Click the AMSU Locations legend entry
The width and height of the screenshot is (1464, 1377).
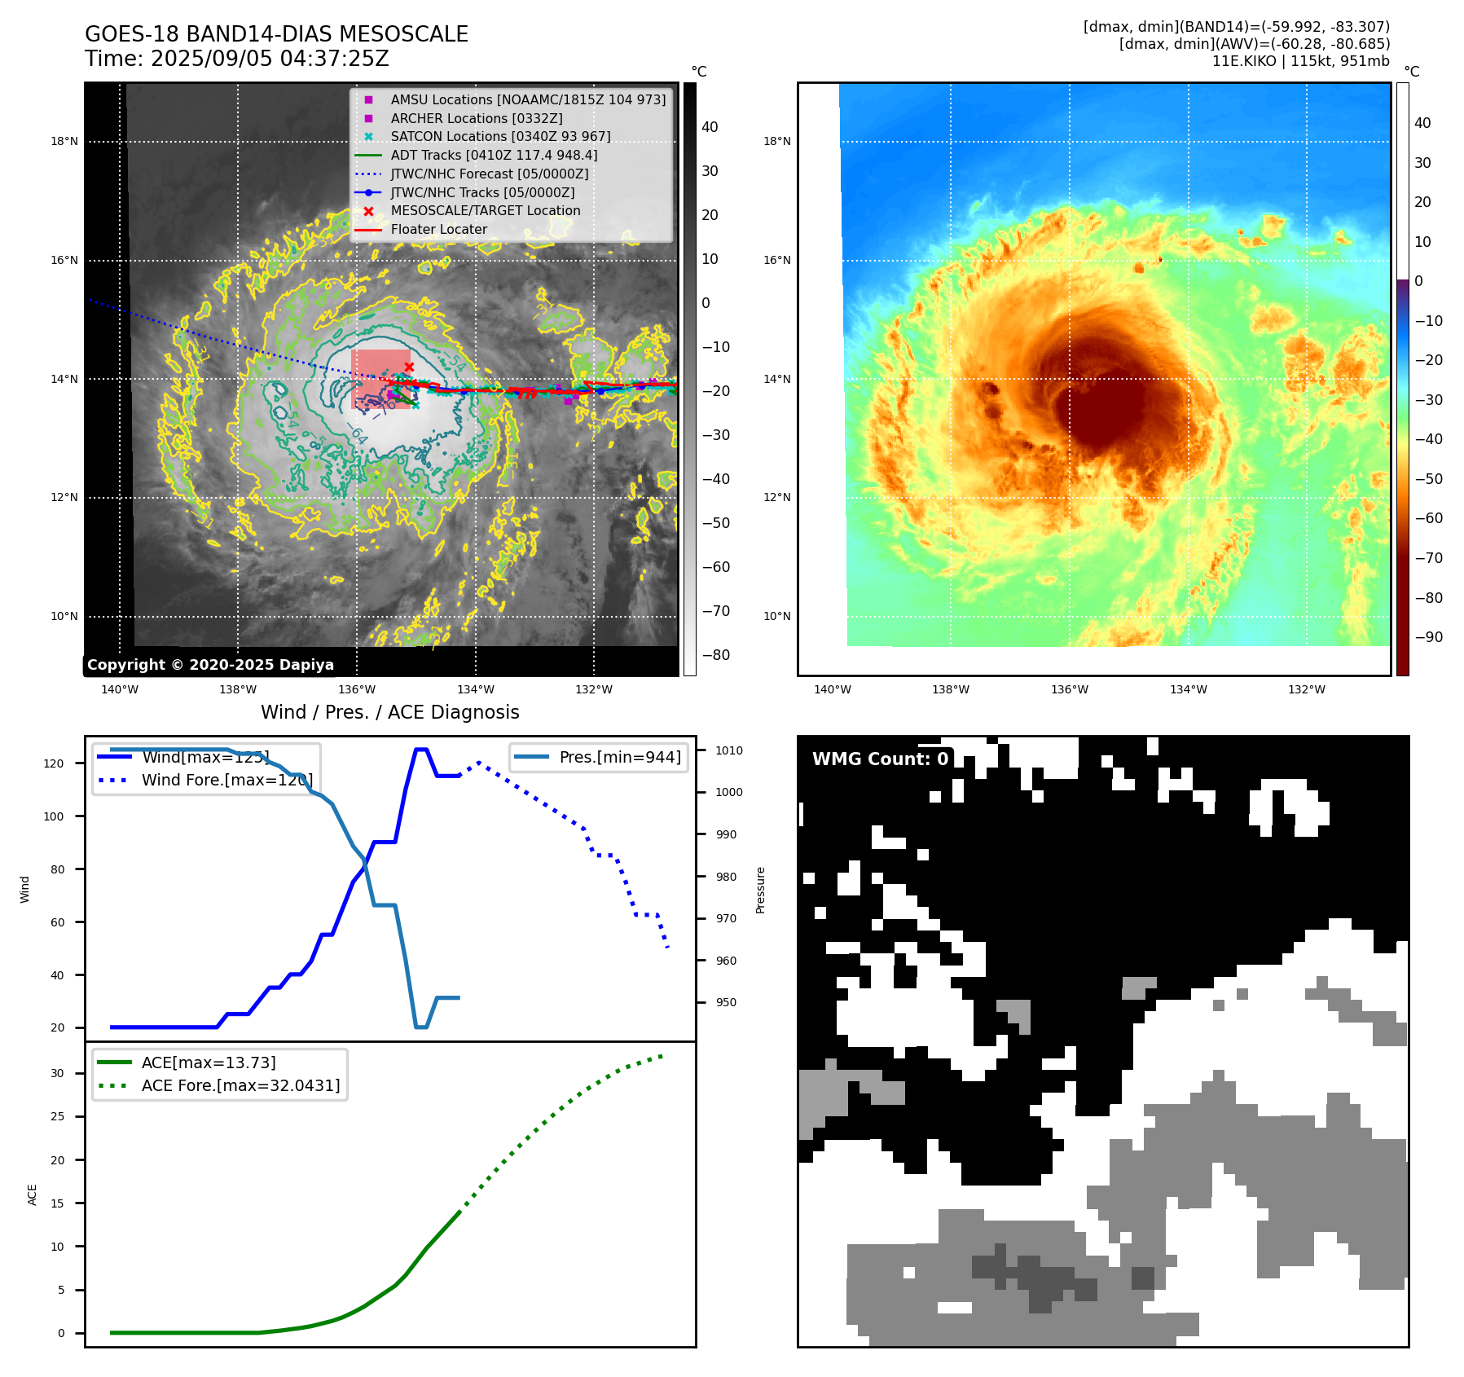pyautogui.click(x=527, y=99)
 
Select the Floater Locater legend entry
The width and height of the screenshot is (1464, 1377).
pyautogui.click(x=438, y=230)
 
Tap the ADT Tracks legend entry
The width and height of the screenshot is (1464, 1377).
pyautogui.click(x=494, y=155)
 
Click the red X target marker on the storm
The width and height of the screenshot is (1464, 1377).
pyautogui.click(x=409, y=367)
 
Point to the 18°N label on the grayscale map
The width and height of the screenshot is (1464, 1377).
pyautogui.click(x=64, y=141)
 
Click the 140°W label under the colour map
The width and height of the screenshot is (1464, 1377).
pyautogui.click(x=832, y=689)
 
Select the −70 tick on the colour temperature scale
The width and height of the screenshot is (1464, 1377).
pyautogui.click(x=1428, y=558)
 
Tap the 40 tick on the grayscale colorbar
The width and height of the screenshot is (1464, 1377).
pyautogui.click(x=710, y=127)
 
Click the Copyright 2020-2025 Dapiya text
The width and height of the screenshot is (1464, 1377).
pyautogui.click(x=210, y=665)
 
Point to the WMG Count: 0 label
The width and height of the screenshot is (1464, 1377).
pyautogui.click(x=880, y=759)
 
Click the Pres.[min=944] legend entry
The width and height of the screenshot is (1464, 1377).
pyautogui.click(x=619, y=757)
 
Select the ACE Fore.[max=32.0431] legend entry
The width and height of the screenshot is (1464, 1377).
pyautogui.click(x=240, y=1085)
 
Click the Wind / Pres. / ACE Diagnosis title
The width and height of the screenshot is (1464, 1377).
pyautogui.click(x=389, y=712)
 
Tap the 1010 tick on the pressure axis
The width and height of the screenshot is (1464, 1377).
pyautogui.click(x=729, y=750)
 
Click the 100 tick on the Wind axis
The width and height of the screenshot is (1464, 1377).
pyautogui.click(x=54, y=816)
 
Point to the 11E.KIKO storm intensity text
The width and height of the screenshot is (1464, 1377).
pyautogui.click(x=1300, y=61)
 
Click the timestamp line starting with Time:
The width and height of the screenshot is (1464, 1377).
pyautogui.click(x=237, y=59)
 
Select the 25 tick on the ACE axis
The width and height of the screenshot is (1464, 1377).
pyautogui.click(x=58, y=1116)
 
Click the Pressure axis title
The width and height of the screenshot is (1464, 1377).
pyautogui.click(x=760, y=890)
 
